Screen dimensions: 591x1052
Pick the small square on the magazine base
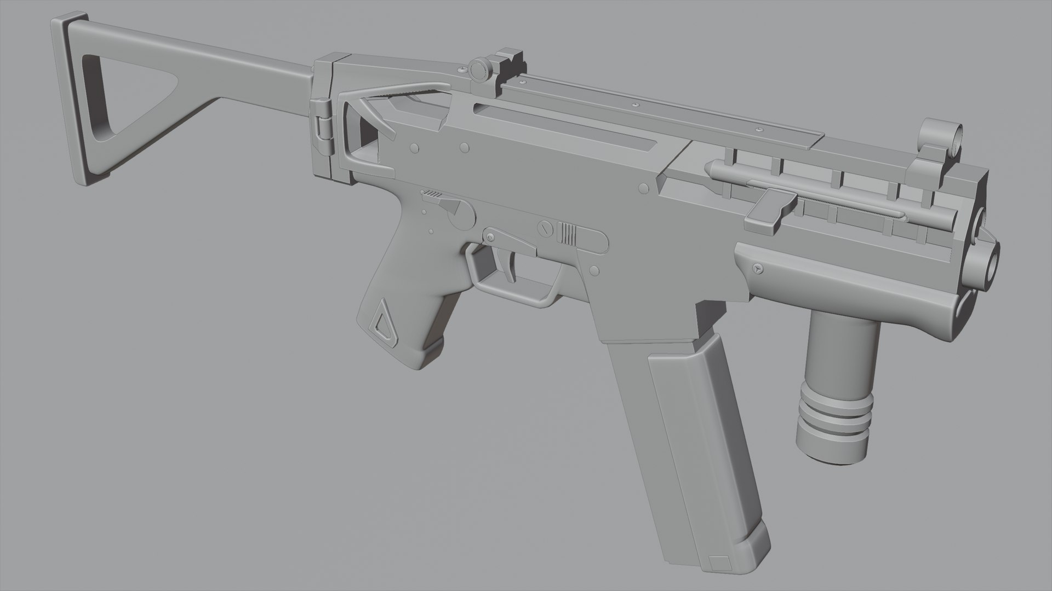point(717,562)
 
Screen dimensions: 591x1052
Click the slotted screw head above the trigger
point(544,229)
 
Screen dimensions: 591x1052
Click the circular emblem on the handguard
point(758,269)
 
